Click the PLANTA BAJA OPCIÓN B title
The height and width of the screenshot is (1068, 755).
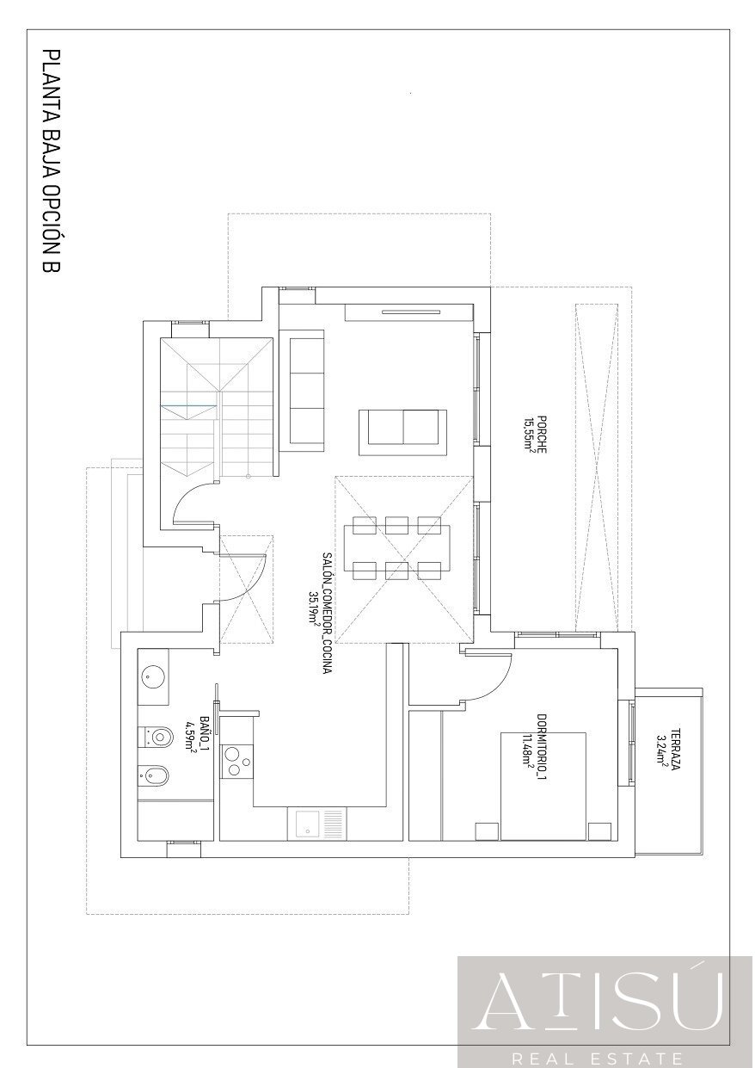click(52, 162)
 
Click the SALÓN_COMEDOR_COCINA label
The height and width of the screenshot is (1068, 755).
click(327, 613)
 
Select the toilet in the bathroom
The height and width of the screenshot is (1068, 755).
click(156, 737)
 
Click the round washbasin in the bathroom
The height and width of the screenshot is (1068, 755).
click(154, 676)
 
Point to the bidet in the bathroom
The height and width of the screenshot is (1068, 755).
click(155, 776)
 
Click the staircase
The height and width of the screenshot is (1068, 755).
click(217, 404)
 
